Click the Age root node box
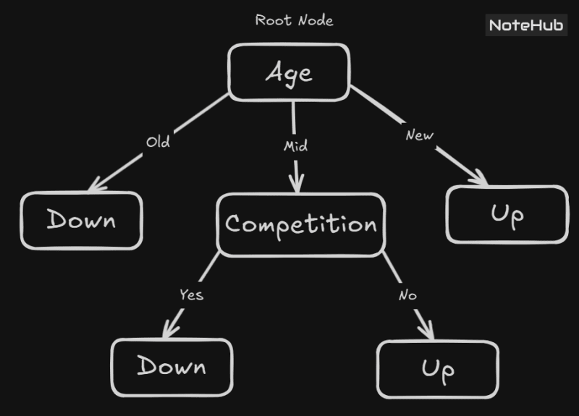click(289, 72)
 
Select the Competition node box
click(301, 224)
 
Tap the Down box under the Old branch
click(81, 220)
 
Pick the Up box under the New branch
click(507, 214)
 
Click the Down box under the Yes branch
click(172, 367)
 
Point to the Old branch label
click(158, 142)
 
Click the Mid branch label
click(295, 146)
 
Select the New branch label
click(419, 135)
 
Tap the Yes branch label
click(192, 294)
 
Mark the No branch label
click(407, 296)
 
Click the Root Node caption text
click(294, 20)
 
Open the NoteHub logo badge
click(526, 25)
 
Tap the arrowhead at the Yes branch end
click(169, 331)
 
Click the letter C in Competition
click(233, 224)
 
